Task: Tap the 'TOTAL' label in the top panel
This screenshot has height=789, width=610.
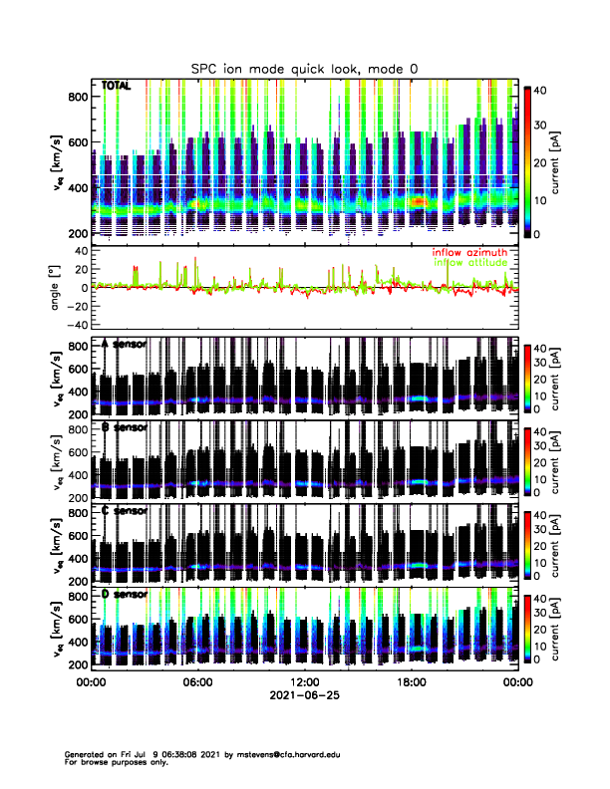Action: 117,88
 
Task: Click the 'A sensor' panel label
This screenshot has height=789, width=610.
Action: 126,344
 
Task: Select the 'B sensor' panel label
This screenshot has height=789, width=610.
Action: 126,427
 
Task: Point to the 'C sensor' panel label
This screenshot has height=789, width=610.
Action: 126,511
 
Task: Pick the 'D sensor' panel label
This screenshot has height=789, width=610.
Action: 126,595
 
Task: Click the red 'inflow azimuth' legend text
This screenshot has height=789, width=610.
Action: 468,252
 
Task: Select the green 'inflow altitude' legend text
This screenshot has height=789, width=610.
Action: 468,262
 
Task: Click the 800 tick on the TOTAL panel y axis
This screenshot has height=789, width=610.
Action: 75,97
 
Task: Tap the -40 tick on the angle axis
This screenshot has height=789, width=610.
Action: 74,325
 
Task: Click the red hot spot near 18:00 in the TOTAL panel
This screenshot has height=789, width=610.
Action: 419,201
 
